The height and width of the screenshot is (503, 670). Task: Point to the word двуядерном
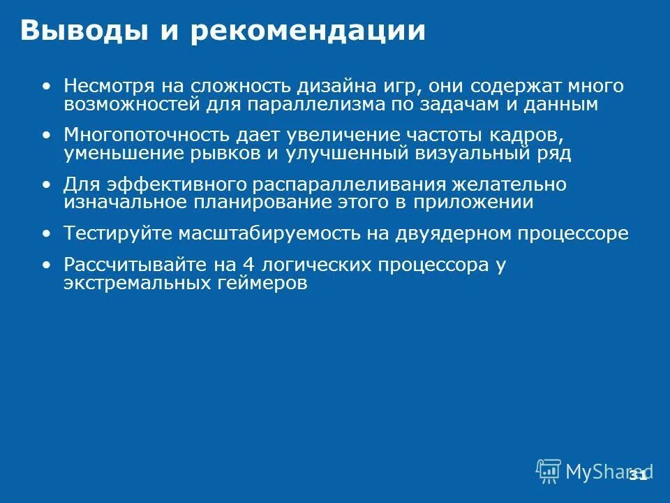coord(443,233)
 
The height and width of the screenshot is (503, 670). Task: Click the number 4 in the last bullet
coord(247,265)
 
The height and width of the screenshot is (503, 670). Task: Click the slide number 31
coord(637,476)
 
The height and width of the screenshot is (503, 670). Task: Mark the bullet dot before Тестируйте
coord(47,233)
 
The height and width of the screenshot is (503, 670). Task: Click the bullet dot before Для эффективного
coord(47,184)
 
